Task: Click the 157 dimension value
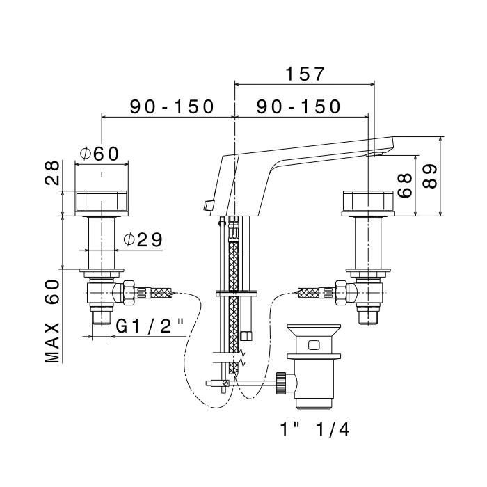[305, 74]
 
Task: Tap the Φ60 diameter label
[100, 154]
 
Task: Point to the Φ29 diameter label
[143, 240]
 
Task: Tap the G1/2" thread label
[150, 325]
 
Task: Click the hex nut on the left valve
[127, 293]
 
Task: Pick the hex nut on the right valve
[340, 293]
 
